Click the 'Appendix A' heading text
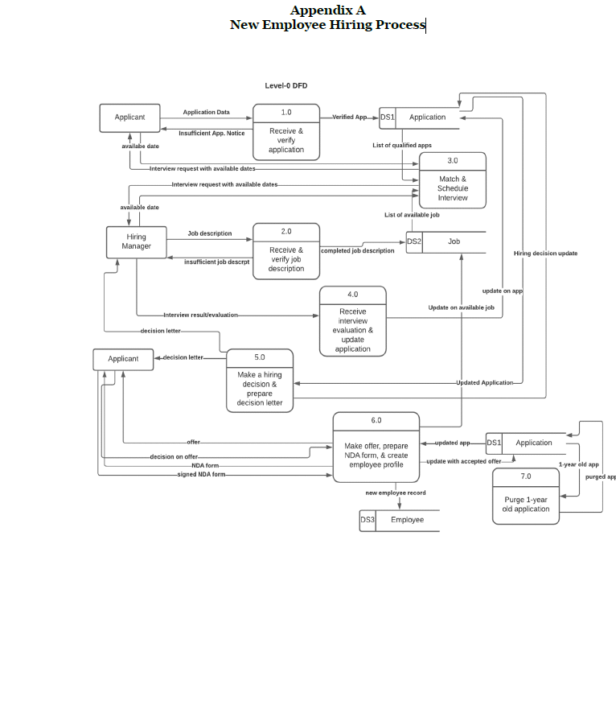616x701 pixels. click(327, 10)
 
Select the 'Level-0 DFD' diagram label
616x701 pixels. click(286, 85)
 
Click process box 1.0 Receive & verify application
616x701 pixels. click(286, 133)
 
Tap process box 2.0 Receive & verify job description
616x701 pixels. click(286, 251)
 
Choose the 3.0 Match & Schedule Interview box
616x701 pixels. click(453, 180)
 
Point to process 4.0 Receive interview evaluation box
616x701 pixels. click(352, 321)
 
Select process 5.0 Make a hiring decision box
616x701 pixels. click(260, 381)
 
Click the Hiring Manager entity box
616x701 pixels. click(136, 242)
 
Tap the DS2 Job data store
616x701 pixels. click(446, 241)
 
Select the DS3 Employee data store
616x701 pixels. click(399, 520)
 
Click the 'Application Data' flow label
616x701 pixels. click(206, 113)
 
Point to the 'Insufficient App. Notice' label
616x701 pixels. click(211, 134)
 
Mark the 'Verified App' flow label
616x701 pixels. click(349, 118)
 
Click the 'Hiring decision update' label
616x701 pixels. click(545, 254)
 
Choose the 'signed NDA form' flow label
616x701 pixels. click(201, 475)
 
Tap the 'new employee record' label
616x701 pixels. click(396, 493)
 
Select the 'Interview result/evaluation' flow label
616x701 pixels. click(200, 315)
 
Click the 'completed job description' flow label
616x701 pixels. click(358, 251)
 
